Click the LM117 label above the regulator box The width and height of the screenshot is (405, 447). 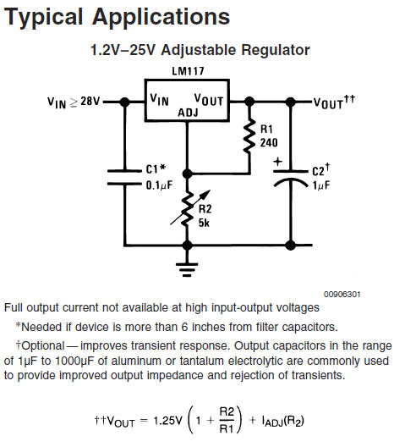click(x=188, y=71)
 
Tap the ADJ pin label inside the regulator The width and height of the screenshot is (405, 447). click(x=188, y=113)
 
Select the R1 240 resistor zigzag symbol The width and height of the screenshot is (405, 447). click(x=249, y=137)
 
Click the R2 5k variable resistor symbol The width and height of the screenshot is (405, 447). click(x=188, y=207)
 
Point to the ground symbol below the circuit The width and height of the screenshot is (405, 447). click(x=187, y=270)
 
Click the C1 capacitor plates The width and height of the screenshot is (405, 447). click(x=124, y=177)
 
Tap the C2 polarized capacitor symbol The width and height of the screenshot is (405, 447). click(x=291, y=179)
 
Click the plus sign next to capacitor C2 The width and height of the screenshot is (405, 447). click(x=277, y=162)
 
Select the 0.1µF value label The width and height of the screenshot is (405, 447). click(x=159, y=185)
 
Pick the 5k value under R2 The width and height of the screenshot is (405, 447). click(x=204, y=223)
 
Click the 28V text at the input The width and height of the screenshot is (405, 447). click(x=90, y=101)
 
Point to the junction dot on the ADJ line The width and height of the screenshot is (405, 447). click(x=187, y=174)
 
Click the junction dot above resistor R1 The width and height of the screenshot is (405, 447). click(x=249, y=102)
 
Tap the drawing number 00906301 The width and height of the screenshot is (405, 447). click(x=342, y=295)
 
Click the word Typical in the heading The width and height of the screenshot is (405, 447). click(x=43, y=18)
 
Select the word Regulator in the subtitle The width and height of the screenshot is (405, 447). click(x=275, y=50)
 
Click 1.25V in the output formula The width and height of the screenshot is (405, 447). click(x=167, y=420)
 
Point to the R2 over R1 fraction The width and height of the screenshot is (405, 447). click(x=227, y=420)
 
